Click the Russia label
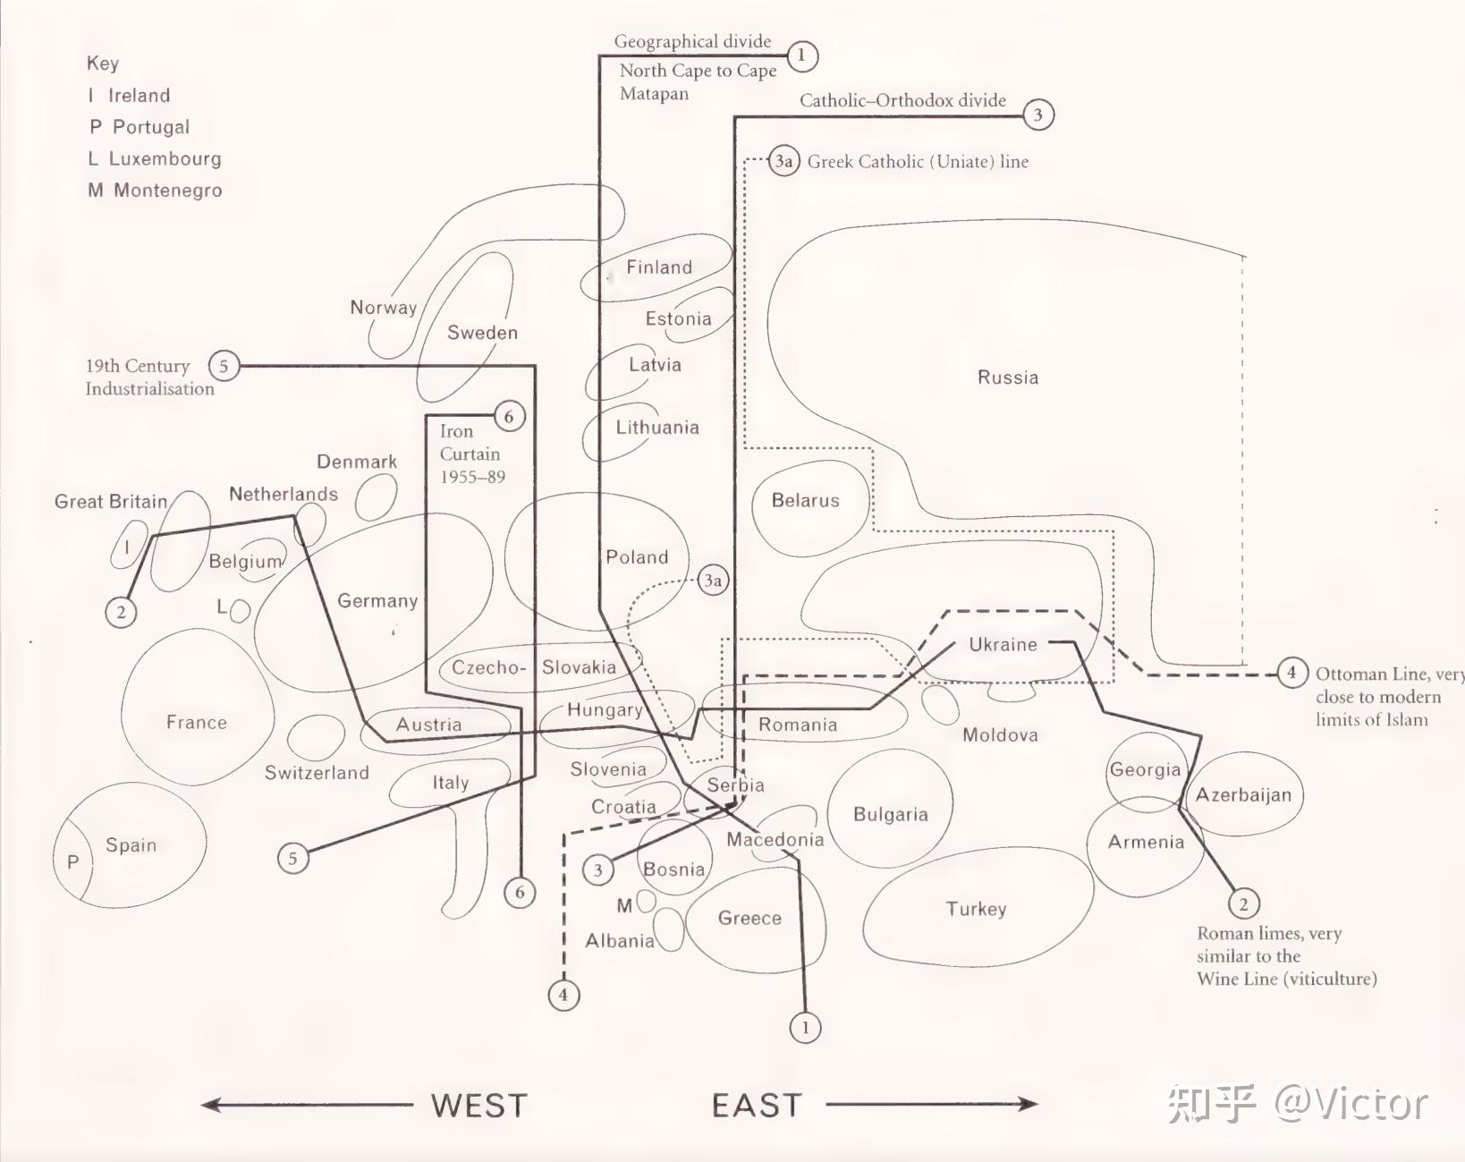[x=1008, y=377]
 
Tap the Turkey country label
[x=976, y=909]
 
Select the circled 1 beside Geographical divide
[x=802, y=55]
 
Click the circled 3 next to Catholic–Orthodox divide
[x=1038, y=115]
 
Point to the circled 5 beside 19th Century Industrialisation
[x=224, y=366]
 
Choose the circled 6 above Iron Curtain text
[x=509, y=416]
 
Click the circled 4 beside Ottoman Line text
[x=1291, y=673]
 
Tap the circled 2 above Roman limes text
[x=1244, y=903]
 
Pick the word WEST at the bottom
[x=479, y=1105]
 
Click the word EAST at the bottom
[x=757, y=1105]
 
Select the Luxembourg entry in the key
[x=155, y=158]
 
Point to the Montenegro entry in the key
[x=155, y=190]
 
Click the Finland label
[x=659, y=267]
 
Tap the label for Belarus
[x=805, y=501]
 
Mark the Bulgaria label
[x=891, y=815]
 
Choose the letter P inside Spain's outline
[x=72, y=862]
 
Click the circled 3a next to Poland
[x=713, y=581]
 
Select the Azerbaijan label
[x=1243, y=795]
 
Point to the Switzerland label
[x=317, y=772]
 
